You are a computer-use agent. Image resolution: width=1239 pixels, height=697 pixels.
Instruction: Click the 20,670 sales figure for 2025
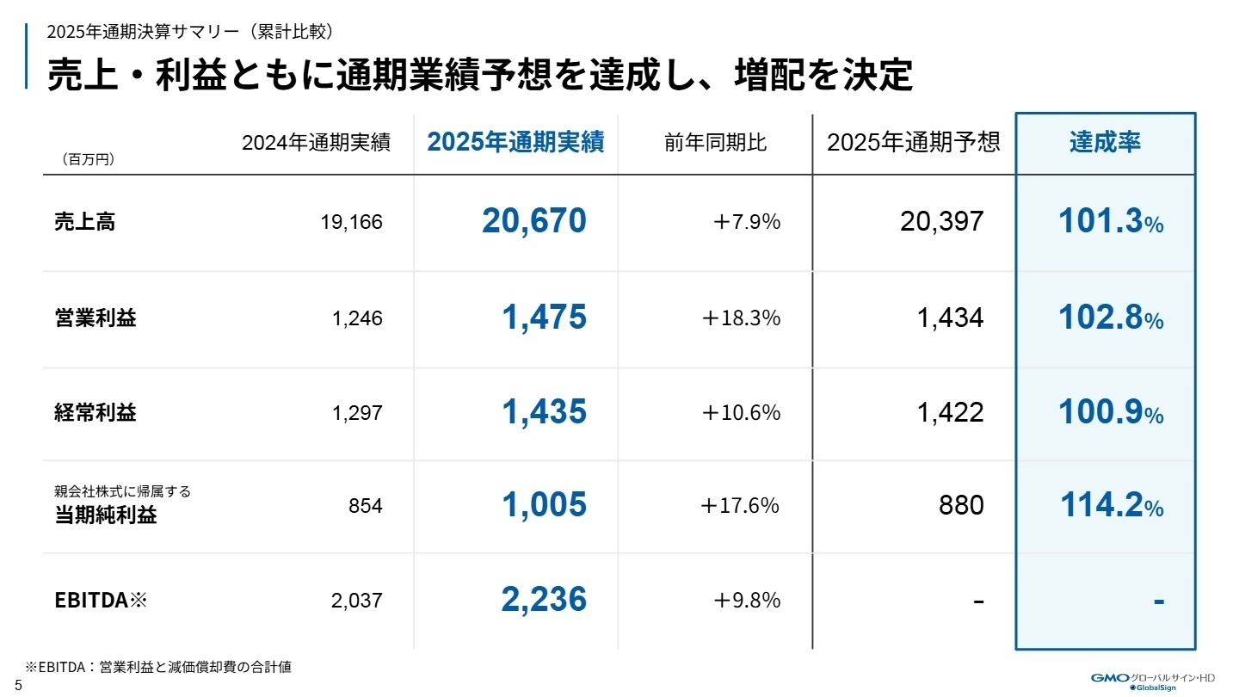533,222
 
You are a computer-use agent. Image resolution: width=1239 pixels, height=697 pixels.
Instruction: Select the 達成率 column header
1105,143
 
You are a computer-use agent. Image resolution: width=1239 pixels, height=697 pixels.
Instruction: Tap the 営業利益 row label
95,318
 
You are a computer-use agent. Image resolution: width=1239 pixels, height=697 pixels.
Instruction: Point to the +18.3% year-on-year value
741,318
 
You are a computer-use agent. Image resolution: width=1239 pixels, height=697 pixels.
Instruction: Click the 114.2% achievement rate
1110,505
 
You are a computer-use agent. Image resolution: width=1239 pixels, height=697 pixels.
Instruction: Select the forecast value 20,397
941,222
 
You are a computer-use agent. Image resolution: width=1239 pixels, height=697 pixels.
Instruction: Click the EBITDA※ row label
102,600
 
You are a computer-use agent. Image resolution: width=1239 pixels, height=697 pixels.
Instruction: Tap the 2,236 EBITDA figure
544,600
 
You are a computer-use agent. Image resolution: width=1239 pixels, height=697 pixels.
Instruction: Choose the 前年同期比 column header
715,143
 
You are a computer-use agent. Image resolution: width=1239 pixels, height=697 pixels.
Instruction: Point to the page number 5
18,686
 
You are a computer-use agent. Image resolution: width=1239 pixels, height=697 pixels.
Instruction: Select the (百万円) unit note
88,160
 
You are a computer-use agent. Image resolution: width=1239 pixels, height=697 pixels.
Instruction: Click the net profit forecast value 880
961,505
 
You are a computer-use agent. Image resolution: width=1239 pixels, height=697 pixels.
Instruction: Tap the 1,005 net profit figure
544,505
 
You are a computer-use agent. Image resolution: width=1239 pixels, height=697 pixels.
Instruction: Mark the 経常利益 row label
95,413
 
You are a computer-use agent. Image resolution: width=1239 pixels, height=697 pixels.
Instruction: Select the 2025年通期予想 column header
913,143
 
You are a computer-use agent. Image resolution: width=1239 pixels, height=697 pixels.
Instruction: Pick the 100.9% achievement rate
1110,413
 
